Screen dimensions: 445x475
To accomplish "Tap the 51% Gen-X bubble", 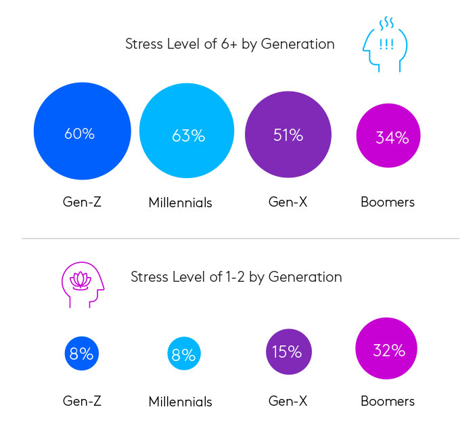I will tap(288, 133).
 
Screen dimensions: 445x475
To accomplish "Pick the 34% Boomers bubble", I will tap(388, 136).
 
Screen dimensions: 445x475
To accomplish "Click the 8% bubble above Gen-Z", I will tap(82, 353).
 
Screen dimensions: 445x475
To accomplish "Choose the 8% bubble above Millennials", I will tap(184, 354).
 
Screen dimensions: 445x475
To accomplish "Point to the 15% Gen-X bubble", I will tap(289, 352).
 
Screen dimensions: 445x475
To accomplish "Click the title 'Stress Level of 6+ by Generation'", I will tap(230, 44).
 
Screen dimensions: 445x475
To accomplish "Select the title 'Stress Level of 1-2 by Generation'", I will tap(236, 277).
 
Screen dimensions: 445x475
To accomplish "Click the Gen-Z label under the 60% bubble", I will tap(83, 202).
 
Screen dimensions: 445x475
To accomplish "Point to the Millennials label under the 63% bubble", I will tap(181, 203).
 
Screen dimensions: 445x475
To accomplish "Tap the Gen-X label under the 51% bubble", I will tap(288, 202).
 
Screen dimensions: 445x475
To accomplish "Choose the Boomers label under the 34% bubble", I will tap(388, 202).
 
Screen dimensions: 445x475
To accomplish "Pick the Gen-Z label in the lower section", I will tap(83, 401).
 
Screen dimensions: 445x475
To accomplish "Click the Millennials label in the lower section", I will tap(181, 402).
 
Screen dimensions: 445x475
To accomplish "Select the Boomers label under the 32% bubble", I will tap(388, 401).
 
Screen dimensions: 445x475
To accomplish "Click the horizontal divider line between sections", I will tap(240, 238).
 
